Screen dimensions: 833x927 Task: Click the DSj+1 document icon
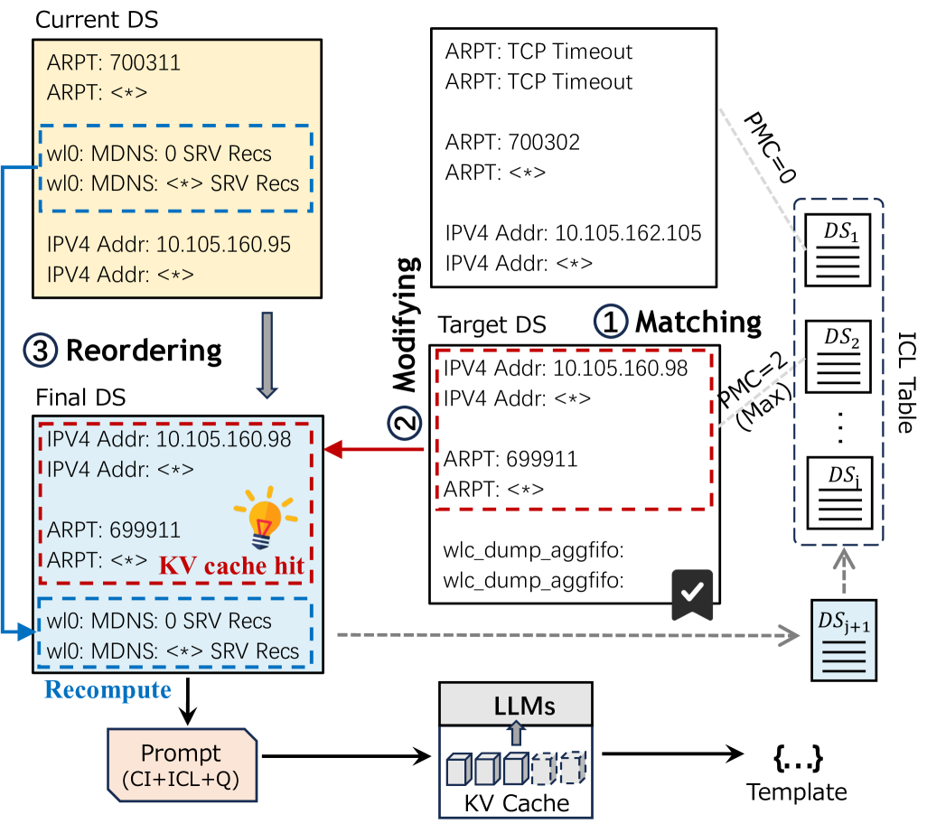[837, 640]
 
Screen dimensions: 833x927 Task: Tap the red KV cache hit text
[230, 567]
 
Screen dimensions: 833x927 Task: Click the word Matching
[698, 323]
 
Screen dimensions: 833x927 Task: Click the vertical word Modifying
[407, 324]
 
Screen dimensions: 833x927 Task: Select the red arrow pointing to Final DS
[374, 450]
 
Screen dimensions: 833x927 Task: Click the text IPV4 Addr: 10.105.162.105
[573, 233]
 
